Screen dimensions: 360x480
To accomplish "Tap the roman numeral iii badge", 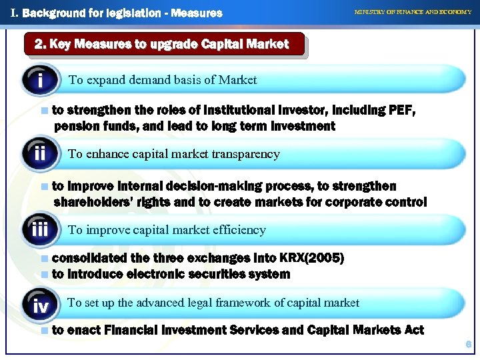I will [x=41, y=231].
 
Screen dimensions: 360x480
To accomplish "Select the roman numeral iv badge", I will [x=41, y=306].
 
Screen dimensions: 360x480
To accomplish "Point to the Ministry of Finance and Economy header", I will [x=413, y=12].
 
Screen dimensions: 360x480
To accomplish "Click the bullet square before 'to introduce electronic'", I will [x=44, y=274].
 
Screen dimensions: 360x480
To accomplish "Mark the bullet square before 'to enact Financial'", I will [x=44, y=330].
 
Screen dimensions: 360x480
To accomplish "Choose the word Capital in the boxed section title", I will [x=214, y=45].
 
